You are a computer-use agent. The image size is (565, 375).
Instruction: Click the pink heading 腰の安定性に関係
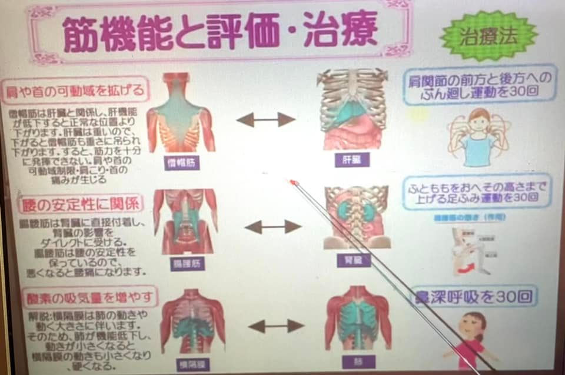coord(79,204)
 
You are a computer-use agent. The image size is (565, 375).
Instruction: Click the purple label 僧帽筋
coord(182,162)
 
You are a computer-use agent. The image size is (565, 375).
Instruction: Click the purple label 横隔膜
coord(192,364)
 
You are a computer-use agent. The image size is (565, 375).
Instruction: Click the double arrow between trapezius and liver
coord(265,119)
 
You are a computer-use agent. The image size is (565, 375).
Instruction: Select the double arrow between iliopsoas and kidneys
coord(272,227)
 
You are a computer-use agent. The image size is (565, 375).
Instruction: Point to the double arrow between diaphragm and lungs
coord(275,326)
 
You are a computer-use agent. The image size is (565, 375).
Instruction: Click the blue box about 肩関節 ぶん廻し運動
coord(480,85)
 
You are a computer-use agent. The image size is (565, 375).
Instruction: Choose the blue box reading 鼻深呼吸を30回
coord(474,296)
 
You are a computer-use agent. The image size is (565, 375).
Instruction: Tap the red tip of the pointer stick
coord(293,182)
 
